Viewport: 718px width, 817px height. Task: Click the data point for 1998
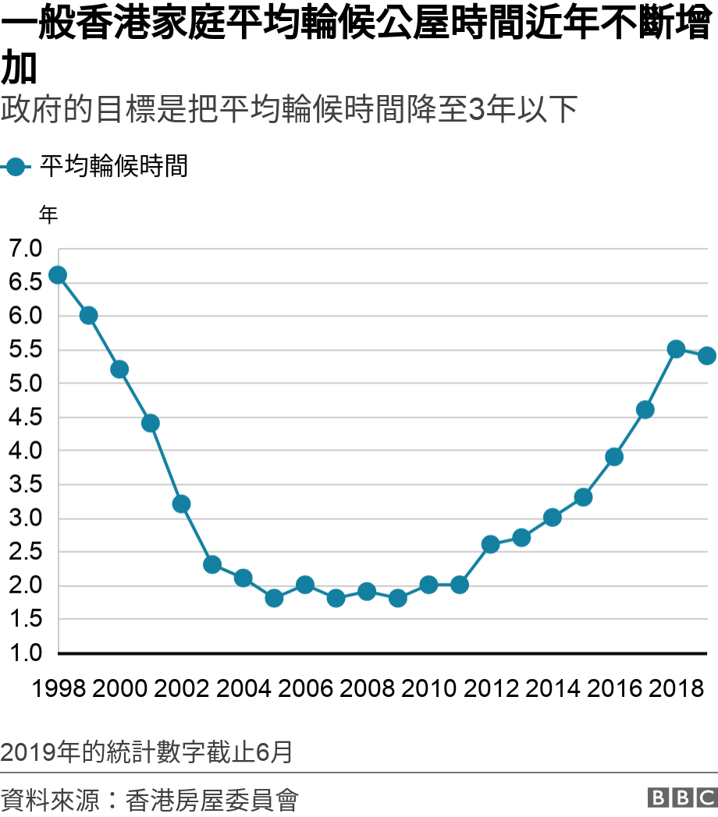tap(57, 275)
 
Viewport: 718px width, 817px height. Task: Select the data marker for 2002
tap(181, 504)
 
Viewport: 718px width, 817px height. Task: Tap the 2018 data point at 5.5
tap(676, 349)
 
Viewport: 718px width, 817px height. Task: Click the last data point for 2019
tap(706, 356)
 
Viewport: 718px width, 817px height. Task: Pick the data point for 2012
tap(490, 545)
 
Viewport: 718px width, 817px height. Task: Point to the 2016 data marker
tap(614, 457)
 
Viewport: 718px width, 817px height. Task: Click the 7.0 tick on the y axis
tap(26, 249)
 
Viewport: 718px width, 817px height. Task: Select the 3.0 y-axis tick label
tap(26, 518)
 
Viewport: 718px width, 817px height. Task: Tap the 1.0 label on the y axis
tap(26, 653)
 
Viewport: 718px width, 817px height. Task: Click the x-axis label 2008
tap(367, 689)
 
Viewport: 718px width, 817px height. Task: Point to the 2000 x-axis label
tap(119, 689)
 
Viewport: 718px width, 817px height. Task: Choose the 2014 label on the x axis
tap(553, 689)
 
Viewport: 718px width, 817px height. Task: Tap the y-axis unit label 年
tap(48, 215)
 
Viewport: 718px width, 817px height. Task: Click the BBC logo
tap(681, 798)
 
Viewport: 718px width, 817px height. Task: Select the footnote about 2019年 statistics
tap(147, 752)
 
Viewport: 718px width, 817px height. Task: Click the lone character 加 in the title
tap(20, 69)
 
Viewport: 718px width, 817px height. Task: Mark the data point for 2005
tap(274, 599)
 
